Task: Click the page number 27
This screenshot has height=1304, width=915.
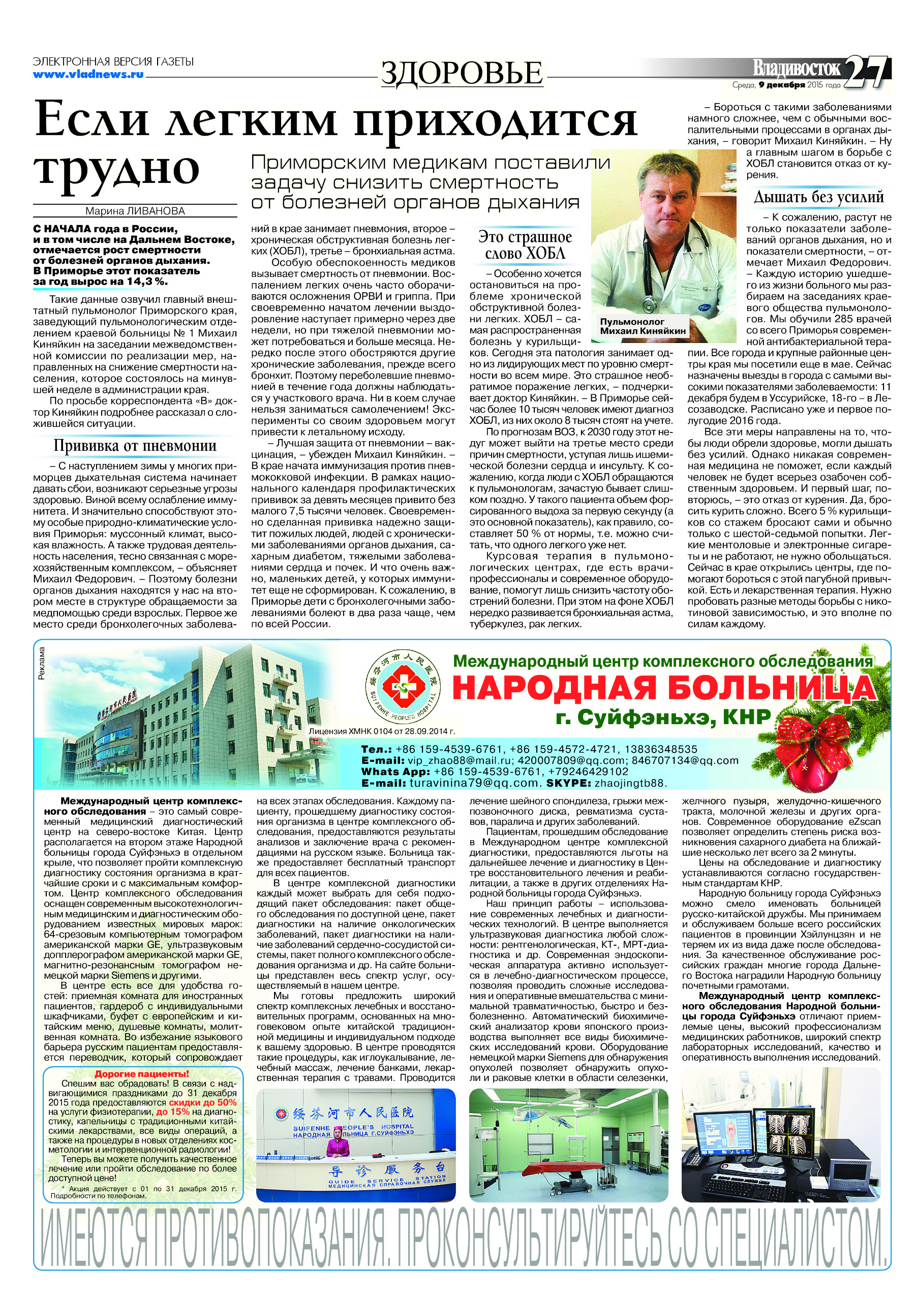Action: coord(866,72)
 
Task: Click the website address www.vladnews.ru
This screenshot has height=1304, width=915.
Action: coord(88,74)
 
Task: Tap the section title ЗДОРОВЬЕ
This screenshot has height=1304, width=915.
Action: coord(461,73)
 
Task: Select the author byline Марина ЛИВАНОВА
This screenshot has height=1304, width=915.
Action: coord(135,211)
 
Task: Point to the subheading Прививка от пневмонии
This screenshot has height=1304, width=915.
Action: coord(135,446)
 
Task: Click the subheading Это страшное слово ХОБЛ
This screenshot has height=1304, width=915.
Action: coord(525,245)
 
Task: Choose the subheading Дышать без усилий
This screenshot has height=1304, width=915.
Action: coord(818,197)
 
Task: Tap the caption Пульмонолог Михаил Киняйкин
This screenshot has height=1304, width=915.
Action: coord(643,326)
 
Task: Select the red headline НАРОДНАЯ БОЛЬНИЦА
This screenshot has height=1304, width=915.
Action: coord(663,688)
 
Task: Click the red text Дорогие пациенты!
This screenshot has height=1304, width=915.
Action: coord(141,1074)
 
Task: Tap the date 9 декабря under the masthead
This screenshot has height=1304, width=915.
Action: coord(781,85)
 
